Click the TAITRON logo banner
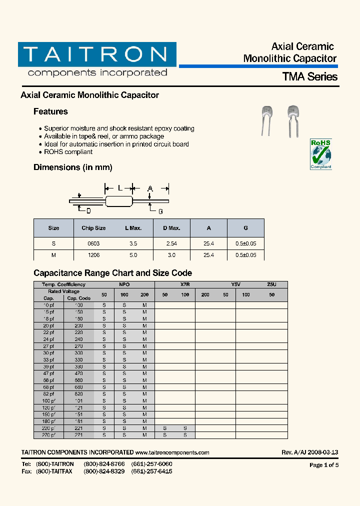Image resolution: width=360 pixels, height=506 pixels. coord(97,54)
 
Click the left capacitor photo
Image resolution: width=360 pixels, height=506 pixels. coord(267,120)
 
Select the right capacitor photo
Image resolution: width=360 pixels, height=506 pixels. coord(292,120)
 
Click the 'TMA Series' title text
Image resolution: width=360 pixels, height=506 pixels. coord(310,77)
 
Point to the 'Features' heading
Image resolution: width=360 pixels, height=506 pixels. coord(50,111)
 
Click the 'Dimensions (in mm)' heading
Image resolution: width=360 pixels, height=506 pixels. coord(73,167)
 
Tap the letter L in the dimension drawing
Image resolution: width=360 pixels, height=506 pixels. coord(119,188)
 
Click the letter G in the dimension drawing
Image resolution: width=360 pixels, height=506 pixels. coord(160,211)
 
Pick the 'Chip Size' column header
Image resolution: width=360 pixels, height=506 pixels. coord(93,228)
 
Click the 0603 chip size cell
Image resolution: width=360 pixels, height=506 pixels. coord(93,243)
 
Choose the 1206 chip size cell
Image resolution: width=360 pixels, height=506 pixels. coord(93,255)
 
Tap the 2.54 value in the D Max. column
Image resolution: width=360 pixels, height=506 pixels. coord(171,243)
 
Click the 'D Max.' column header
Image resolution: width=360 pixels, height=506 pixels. coord(171,228)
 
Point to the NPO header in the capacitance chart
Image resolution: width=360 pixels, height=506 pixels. coord(124,284)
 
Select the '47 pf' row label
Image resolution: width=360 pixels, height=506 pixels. coord(48,373)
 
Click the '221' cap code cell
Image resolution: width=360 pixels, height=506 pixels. coord(79,428)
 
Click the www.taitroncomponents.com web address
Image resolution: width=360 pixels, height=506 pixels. coord(172,452)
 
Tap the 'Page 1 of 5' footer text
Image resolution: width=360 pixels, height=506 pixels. coord(324,465)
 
